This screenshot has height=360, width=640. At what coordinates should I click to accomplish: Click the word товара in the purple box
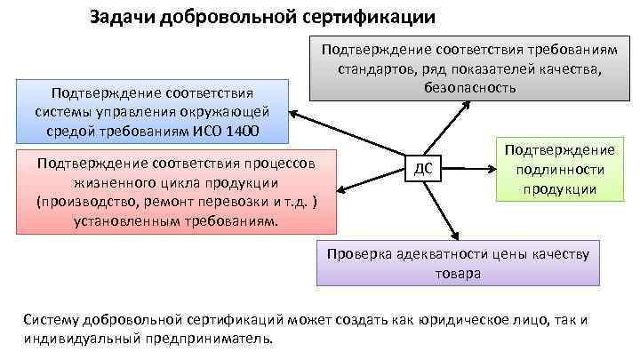pyautogui.click(x=458, y=274)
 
